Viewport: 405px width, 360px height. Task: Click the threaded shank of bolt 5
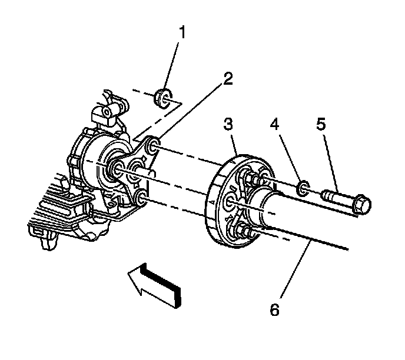[x=336, y=195]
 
